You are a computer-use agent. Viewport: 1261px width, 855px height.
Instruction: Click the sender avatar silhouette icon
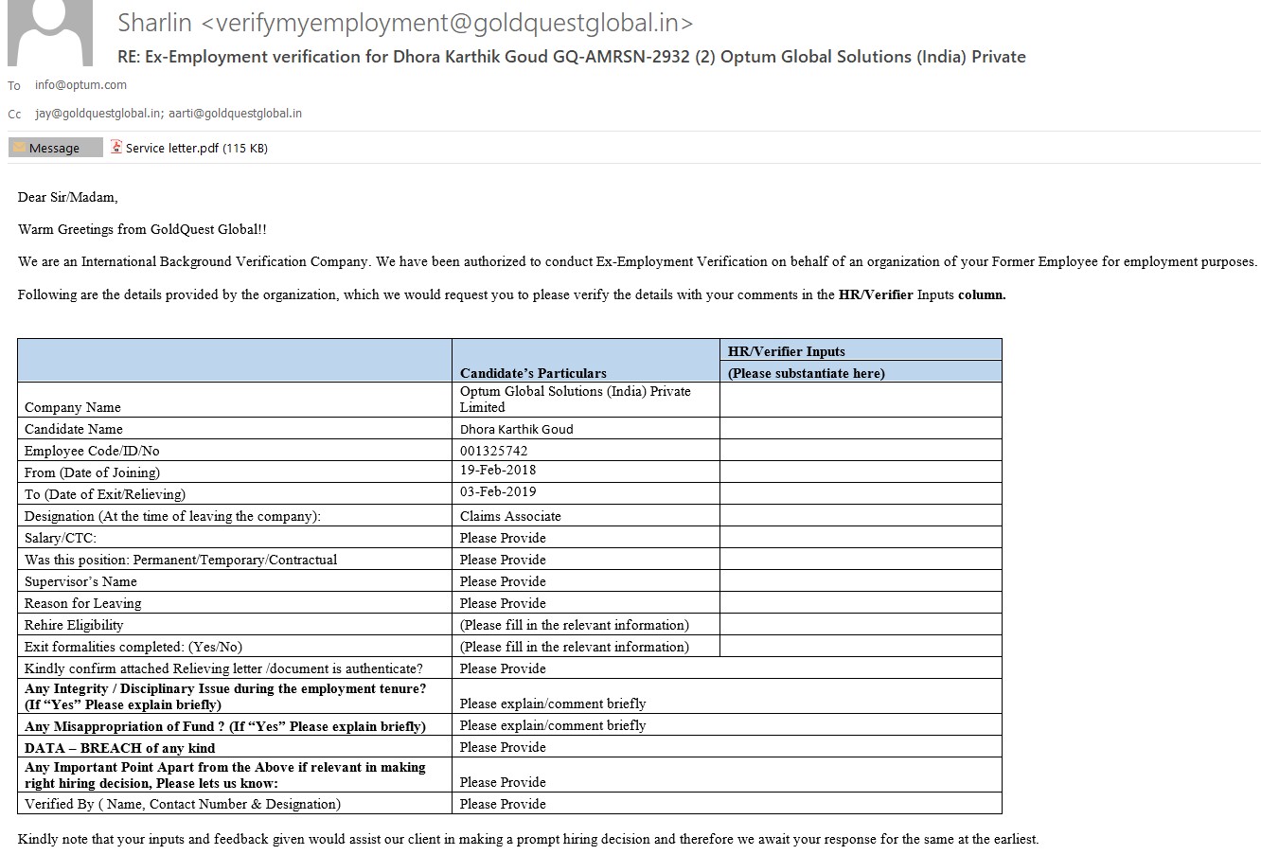[50, 33]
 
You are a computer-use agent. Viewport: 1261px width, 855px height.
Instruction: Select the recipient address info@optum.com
[80, 84]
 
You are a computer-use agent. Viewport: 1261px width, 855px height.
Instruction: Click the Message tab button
[55, 148]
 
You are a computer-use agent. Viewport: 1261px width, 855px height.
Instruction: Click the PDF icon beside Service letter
[116, 147]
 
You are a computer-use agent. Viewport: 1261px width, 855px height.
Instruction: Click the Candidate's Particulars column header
[533, 373]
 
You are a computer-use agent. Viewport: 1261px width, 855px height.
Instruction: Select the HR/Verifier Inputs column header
[786, 351]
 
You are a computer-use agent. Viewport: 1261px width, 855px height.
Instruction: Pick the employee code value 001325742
[494, 451]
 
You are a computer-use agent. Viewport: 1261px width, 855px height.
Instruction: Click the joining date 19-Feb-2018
[498, 471]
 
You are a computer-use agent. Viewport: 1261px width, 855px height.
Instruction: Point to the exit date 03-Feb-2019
[498, 492]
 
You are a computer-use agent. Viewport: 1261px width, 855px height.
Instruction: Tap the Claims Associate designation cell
[510, 516]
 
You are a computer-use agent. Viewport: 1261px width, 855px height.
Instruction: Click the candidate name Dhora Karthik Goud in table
[516, 429]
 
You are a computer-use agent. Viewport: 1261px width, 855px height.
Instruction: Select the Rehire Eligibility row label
[74, 625]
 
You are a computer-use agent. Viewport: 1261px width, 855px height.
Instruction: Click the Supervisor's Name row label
[80, 581]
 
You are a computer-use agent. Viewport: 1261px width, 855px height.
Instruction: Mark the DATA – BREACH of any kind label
[120, 747]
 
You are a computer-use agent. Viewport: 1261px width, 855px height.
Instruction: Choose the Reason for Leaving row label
[82, 603]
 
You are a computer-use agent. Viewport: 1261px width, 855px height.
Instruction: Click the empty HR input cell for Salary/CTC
[860, 537]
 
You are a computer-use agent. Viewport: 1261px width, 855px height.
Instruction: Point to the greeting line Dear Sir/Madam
[68, 197]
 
